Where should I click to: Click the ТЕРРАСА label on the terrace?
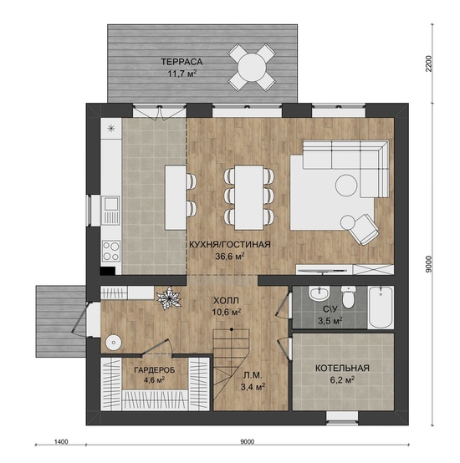[x=181, y=62]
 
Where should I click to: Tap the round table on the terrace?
[x=252, y=67]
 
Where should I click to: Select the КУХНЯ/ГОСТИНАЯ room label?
[x=229, y=245]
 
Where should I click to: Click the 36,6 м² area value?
[x=229, y=256]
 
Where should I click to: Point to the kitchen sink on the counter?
[x=110, y=211]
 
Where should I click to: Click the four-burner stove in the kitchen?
[x=111, y=251]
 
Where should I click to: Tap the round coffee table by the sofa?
[x=346, y=186]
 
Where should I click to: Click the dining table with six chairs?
[x=248, y=197]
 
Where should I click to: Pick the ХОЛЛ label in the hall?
[x=226, y=301]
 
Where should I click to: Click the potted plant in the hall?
[x=169, y=298]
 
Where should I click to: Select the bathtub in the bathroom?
[x=381, y=307]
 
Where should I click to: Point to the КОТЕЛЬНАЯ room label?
[x=342, y=369]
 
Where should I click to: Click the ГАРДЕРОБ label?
[x=154, y=369]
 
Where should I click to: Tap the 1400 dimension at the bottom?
[x=61, y=441]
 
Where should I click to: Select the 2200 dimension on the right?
[x=429, y=64]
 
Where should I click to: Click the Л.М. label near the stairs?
[x=253, y=375]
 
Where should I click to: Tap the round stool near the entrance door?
[x=113, y=343]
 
